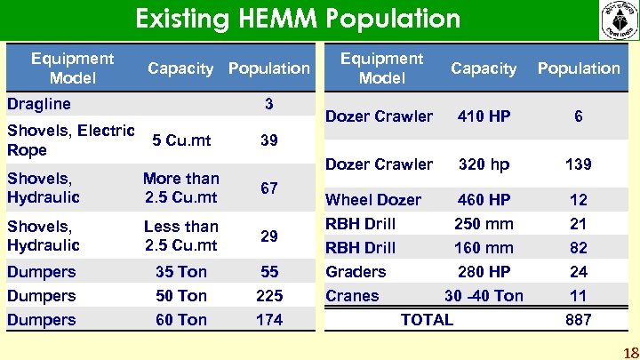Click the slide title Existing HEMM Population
pyautogui.click(x=298, y=19)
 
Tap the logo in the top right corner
pyautogui.click(x=618, y=20)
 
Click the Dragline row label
pyautogui.click(x=39, y=104)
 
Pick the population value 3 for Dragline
pyautogui.click(x=268, y=104)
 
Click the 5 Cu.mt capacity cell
pyautogui.click(x=181, y=140)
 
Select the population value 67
pyautogui.click(x=268, y=188)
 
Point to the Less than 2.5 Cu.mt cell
pyautogui.click(x=181, y=236)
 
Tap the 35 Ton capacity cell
pyautogui.click(x=181, y=272)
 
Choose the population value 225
pyautogui.click(x=268, y=296)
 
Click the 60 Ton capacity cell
pyautogui.click(x=181, y=320)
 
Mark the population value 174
pyautogui.click(x=268, y=320)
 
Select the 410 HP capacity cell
pyautogui.click(x=484, y=116)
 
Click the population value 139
pyautogui.click(x=578, y=164)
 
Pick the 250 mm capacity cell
pyautogui.click(x=484, y=224)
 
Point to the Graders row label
pyautogui.click(x=356, y=272)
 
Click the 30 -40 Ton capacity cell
pyautogui.click(x=484, y=296)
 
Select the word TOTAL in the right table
pyautogui.click(x=427, y=320)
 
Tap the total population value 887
pyautogui.click(x=578, y=320)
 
